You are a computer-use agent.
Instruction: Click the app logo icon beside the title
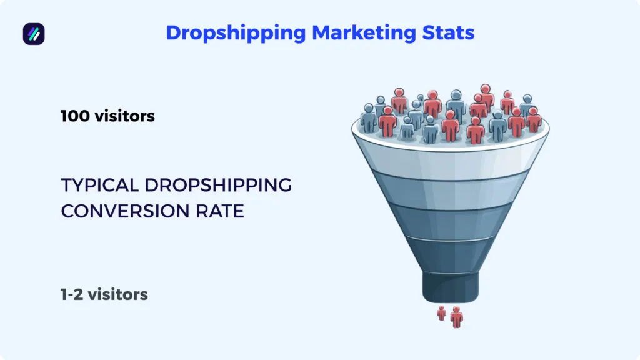(34, 34)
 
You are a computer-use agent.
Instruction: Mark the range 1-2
(72, 294)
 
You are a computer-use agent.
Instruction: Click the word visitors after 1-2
(117, 294)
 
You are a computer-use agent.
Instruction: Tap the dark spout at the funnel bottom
(450, 285)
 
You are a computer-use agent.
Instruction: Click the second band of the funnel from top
(450, 192)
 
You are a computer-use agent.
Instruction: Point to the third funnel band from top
(450, 222)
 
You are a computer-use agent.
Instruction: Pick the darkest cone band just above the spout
(450, 253)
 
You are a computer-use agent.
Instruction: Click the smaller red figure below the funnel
(442, 313)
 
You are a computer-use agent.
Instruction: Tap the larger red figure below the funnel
(457, 316)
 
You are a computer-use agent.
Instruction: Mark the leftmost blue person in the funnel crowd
(369, 117)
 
